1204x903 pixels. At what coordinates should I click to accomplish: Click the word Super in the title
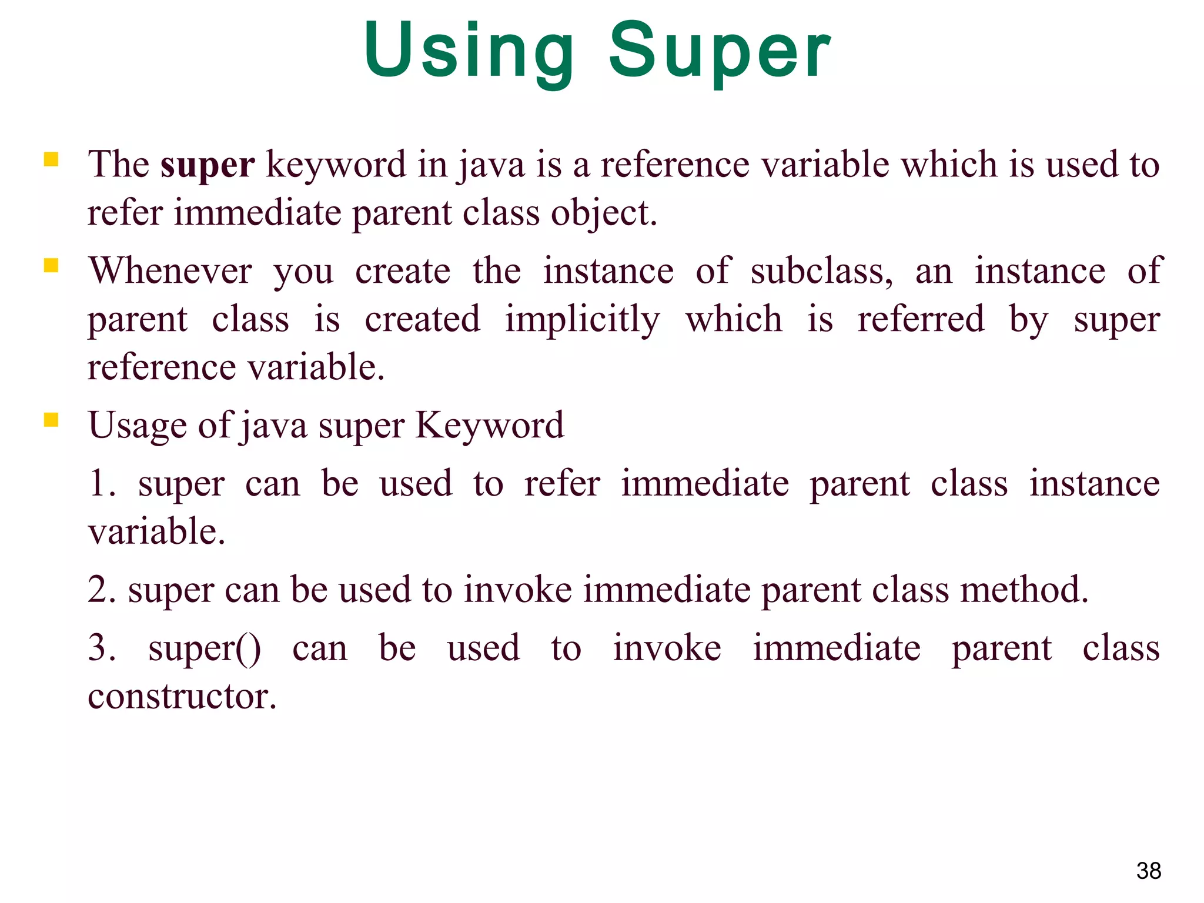pyautogui.click(x=719, y=52)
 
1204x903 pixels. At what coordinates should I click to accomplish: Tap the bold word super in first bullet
pyautogui.click(x=207, y=165)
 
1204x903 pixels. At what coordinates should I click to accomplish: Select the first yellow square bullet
pyautogui.click(x=51, y=159)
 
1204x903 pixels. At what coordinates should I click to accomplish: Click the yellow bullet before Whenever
pyautogui.click(x=51, y=266)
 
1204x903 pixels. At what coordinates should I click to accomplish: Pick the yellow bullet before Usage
pyautogui.click(x=51, y=420)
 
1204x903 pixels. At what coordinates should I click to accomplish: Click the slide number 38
pyautogui.click(x=1148, y=871)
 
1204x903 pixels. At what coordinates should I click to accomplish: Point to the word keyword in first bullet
pyautogui.click(x=336, y=165)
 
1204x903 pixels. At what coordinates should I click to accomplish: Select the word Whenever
pyautogui.click(x=170, y=272)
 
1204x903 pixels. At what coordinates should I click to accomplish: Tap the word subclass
pyautogui.click(x=820, y=272)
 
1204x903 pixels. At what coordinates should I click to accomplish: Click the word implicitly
pyautogui.click(x=582, y=320)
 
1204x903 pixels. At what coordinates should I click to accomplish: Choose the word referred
pyautogui.click(x=920, y=319)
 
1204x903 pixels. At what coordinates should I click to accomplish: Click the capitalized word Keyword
pyautogui.click(x=489, y=425)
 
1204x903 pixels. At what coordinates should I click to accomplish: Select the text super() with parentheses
pyautogui.click(x=204, y=649)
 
